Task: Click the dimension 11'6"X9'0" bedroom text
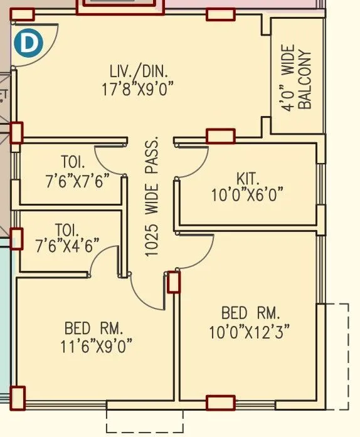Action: tap(94, 345)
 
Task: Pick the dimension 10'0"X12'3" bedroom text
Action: tap(250, 330)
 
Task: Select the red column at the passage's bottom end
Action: tap(174, 282)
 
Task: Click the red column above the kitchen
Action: tap(220, 136)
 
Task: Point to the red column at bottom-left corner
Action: tap(18, 396)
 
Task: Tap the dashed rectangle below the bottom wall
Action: tap(145, 418)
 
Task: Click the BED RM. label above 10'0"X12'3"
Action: tap(250, 313)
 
